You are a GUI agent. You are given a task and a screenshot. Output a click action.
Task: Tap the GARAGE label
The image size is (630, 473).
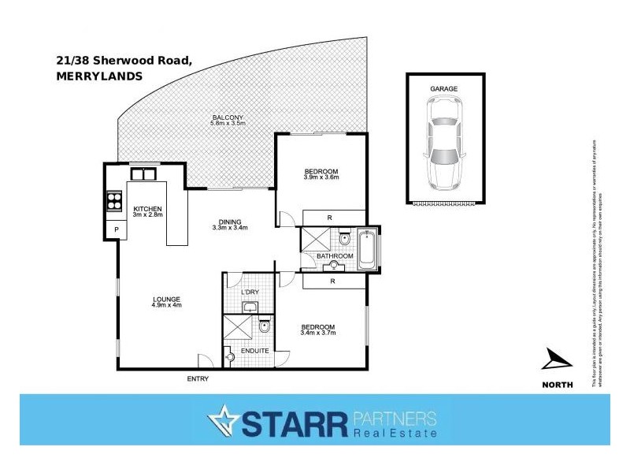pos(444,90)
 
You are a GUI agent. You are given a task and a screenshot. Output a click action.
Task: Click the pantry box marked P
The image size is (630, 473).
pos(117,230)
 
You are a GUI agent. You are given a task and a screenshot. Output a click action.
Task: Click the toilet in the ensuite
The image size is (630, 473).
pos(265,326)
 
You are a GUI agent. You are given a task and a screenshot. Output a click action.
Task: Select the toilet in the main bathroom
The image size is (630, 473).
pos(344,238)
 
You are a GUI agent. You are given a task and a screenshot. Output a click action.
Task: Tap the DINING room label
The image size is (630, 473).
pos(230,222)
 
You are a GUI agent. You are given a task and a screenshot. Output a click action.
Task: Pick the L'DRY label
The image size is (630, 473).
pos(250,293)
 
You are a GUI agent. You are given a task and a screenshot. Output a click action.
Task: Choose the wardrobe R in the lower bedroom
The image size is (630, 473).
pos(334,281)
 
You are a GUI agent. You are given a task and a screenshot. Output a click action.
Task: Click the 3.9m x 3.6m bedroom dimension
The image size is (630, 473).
pos(321,178)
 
